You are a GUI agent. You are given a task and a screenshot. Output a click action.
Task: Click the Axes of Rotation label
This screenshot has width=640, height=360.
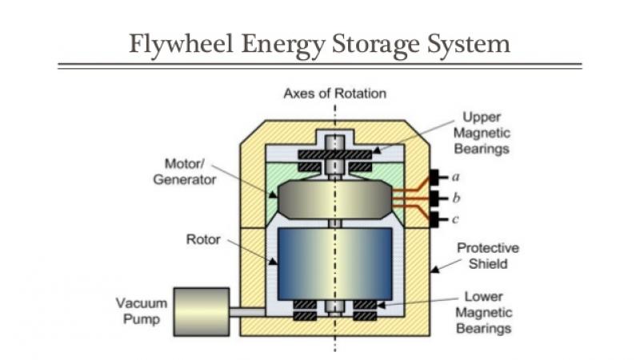coord(334,94)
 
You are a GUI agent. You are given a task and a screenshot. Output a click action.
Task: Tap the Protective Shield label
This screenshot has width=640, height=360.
coord(487,255)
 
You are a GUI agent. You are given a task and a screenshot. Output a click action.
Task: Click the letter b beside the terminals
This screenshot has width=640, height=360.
coord(455,197)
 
